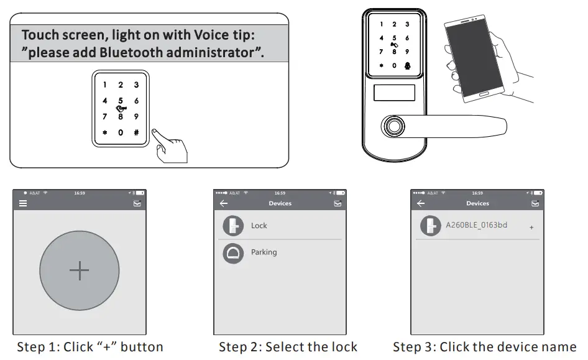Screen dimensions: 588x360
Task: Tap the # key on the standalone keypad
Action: (x=137, y=132)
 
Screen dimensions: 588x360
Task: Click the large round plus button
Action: (x=80, y=270)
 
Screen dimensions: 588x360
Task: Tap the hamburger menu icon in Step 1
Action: (x=23, y=203)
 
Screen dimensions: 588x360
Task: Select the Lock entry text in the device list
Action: (x=259, y=225)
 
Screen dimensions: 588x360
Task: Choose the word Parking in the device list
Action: (x=264, y=252)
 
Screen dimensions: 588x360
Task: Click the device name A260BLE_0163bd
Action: (x=476, y=225)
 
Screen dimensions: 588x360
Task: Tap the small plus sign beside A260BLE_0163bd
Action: (x=531, y=227)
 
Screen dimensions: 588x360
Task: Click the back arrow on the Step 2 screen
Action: (x=224, y=203)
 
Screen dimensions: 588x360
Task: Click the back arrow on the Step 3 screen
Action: (x=421, y=203)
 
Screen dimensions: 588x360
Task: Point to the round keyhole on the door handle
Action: (x=394, y=126)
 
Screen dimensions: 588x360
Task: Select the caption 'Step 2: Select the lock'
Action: (x=288, y=347)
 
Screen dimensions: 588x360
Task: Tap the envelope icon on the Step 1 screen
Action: (x=137, y=203)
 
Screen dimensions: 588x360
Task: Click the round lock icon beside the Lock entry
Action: (x=233, y=226)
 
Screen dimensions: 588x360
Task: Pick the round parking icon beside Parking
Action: (x=233, y=253)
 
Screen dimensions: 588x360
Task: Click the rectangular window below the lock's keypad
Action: (x=394, y=93)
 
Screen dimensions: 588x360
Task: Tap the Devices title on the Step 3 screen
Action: (x=478, y=203)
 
